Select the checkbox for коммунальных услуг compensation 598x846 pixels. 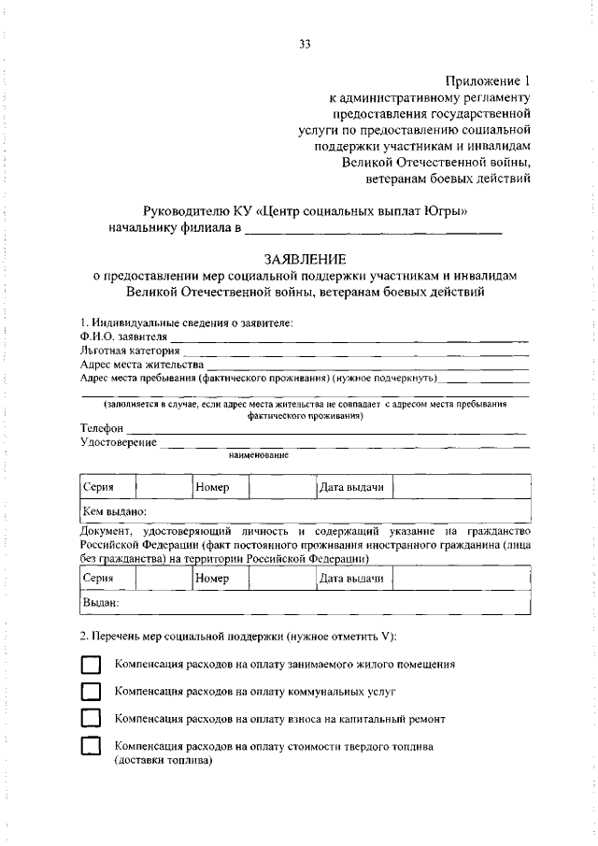pyautogui.click(x=90, y=692)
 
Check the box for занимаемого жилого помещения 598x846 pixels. pyautogui.click(x=90, y=665)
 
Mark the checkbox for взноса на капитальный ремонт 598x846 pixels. pyautogui.click(x=90, y=719)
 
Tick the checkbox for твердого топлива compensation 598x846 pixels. pyautogui.click(x=90, y=747)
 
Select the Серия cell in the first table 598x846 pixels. pyautogui.click(x=98, y=487)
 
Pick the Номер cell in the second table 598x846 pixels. pyautogui.click(x=212, y=579)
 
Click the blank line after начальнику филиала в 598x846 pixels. pyautogui.click(x=374, y=228)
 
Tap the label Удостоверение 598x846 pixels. pyautogui.click(x=119, y=441)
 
